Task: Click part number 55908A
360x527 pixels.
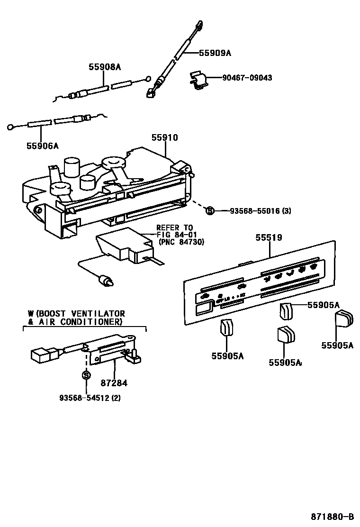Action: pyautogui.click(x=105, y=68)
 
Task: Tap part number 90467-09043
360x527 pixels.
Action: pyautogui.click(x=248, y=77)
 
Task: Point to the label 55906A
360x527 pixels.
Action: pyautogui.click(x=42, y=145)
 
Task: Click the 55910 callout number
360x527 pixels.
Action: pyautogui.click(x=164, y=138)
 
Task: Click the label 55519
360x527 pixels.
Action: pyautogui.click(x=269, y=237)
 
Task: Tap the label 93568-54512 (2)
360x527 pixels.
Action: pyautogui.click(x=90, y=398)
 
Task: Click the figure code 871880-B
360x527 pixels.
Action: pyautogui.click(x=332, y=516)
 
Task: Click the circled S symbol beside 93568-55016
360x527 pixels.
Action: pyautogui.click(x=211, y=210)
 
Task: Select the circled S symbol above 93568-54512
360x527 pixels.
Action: pyautogui.click(x=86, y=375)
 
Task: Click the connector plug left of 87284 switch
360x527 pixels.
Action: pyautogui.click(x=40, y=354)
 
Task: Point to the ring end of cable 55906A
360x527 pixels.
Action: pyautogui.click(x=10, y=127)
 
